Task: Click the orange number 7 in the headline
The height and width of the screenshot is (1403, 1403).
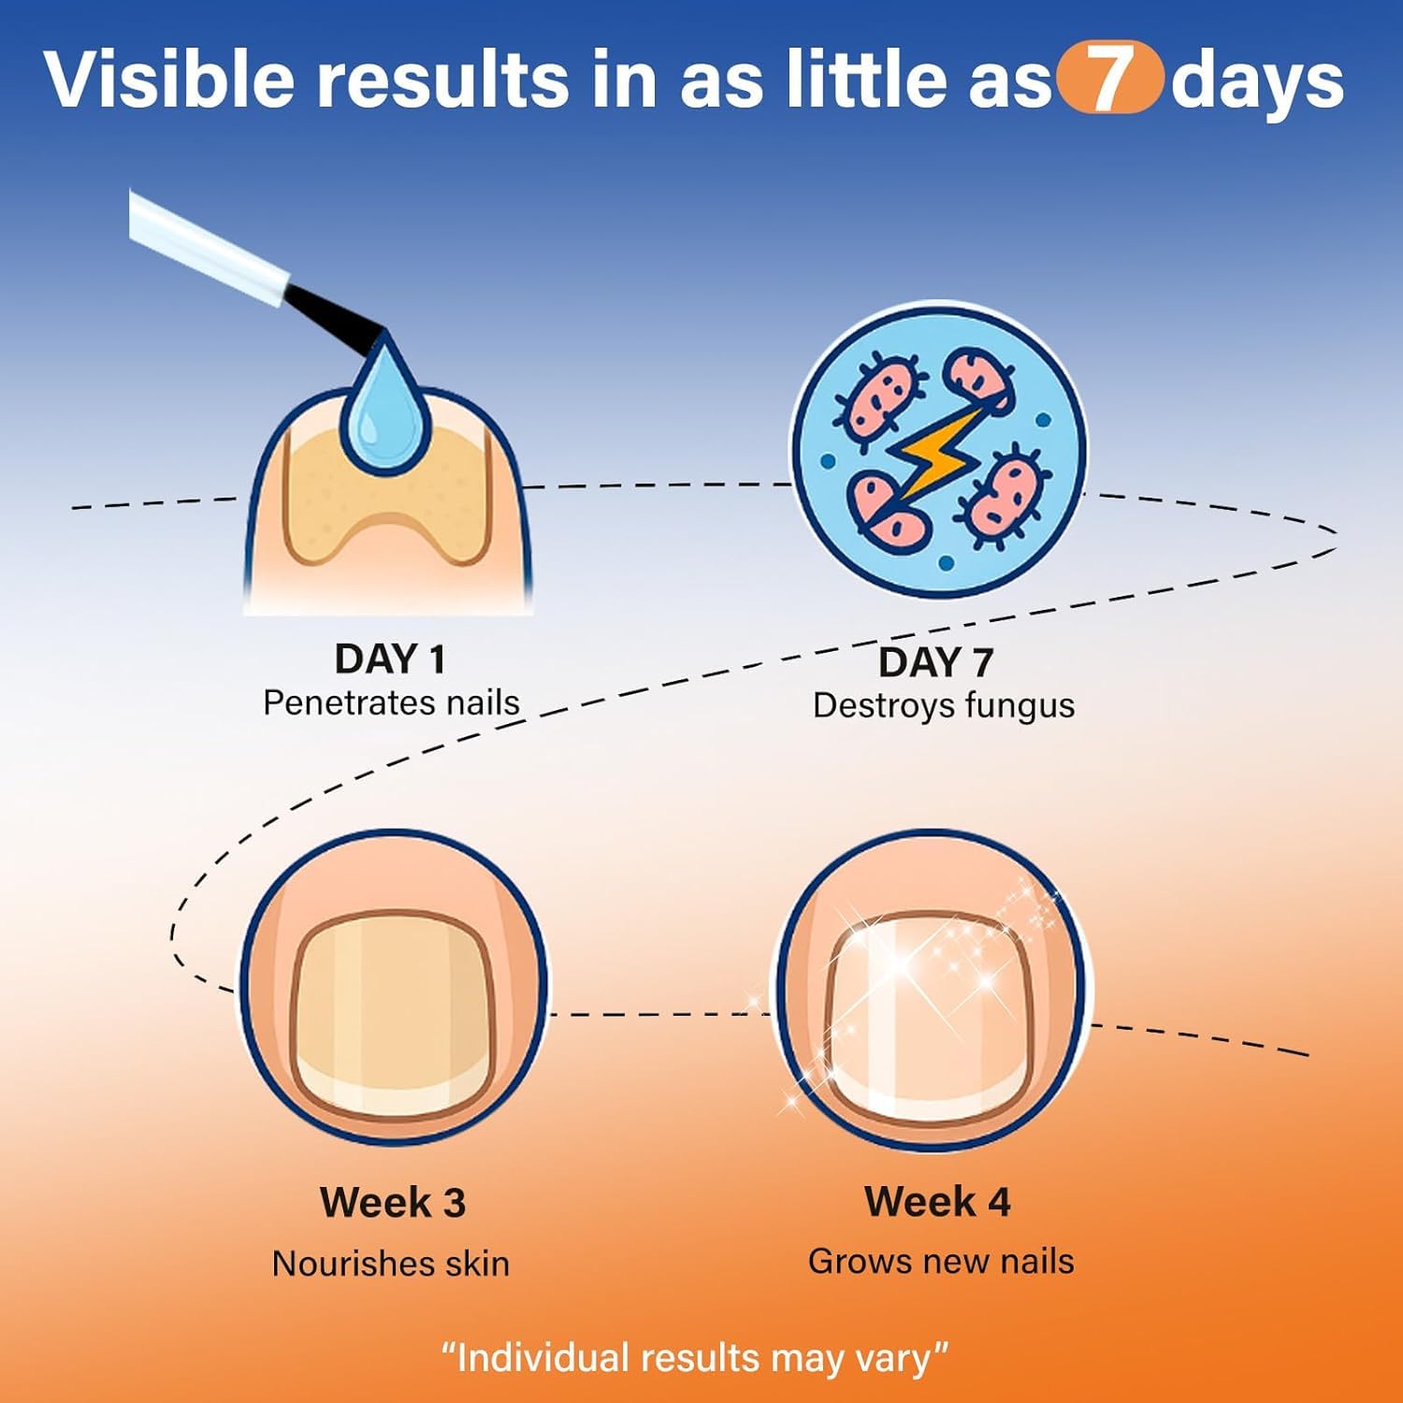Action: pyautogui.click(x=1108, y=80)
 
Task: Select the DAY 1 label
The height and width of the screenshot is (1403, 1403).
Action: pyautogui.click(x=390, y=659)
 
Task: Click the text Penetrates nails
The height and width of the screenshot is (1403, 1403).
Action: pyautogui.click(x=391, y=702)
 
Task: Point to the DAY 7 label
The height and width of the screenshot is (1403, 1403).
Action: pyautogui.click(x=935, y=662)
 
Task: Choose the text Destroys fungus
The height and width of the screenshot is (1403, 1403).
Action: pyautogui.click(x=944, y=705)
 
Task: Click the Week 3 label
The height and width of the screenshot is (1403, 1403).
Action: pyautogui.click(x=393, y=1202)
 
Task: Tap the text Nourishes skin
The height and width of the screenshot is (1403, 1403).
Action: pyautogui.click(x=391, y=1264)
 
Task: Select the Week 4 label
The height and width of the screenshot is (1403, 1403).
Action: pyautogui.click(x=937, y=1201)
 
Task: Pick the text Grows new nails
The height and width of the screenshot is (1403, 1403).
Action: pyautogui.click(x=941, y=1261)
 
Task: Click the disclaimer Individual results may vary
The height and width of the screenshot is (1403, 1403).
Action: pyautogui.click(x=695, y=1357)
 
